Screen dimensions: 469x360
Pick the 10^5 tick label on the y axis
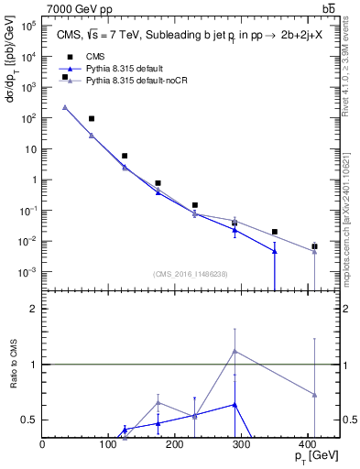pyautogui.click(x=27, y=26)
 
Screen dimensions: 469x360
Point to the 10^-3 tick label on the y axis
pyautogui.click(x=27, y=273)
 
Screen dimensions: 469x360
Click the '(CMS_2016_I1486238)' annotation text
pyautogui.click(x=191, y=274)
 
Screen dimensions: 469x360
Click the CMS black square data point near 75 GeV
pyautogui.click(x=92, y=119)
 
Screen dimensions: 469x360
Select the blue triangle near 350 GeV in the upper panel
pyautogui.click(x=275, y=251)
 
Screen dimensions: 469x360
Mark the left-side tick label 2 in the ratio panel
pyautogui.click(x=33, y=309)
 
